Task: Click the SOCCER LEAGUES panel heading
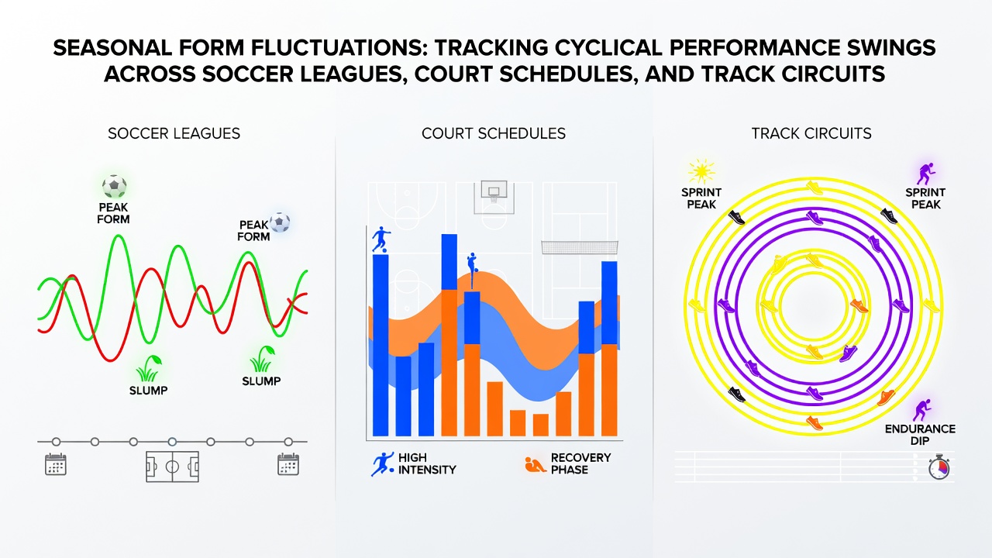click(x=174, y=134)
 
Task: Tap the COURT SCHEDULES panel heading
click(x=494, y=134)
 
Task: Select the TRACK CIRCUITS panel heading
click(x=811, y=134)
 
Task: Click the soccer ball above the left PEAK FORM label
click(x=114, y=187)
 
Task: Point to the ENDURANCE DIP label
click(x=920, y=435)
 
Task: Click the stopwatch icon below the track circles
click(x=939, y=467)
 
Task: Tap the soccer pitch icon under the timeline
click(x=172, y=467)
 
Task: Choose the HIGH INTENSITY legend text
click(x=427, y=463)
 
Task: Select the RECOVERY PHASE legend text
click(x=580, y=463)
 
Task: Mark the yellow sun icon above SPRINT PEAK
click(x=701, y=171)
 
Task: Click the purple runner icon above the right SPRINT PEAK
click(x=925, y=174)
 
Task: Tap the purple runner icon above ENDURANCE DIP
click(x=922, y=410)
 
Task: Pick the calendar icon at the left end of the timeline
click(x=56, y=464)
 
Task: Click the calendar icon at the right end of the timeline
click(x=288, y=464)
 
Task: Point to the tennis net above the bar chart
click(x=580, y=247)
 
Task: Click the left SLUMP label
click(x=148, y=391)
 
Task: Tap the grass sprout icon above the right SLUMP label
click(x=262, y=360)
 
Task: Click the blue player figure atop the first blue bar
click(x=381, y=239)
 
